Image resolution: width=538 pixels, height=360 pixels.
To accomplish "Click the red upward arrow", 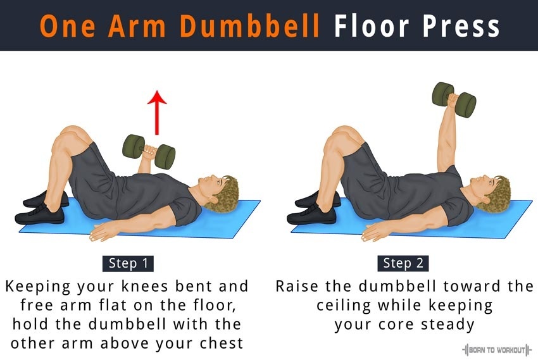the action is pos(157,113).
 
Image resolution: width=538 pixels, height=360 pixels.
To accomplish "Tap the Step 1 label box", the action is pos(128,263).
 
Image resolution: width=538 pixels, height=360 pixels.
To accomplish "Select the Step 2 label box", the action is pos(403,263).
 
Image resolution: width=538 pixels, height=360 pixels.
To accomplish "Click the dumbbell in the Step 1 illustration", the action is pos(149,152).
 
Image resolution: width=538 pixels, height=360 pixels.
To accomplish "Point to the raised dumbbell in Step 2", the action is pos(454,100).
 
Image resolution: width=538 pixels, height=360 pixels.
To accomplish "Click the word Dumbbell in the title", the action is pos(250,26).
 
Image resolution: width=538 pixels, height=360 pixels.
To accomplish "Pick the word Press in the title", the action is pos(461,26).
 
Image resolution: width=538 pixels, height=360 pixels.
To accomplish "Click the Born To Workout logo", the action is pos(496,350).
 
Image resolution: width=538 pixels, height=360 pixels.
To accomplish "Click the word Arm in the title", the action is pos(137,26).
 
